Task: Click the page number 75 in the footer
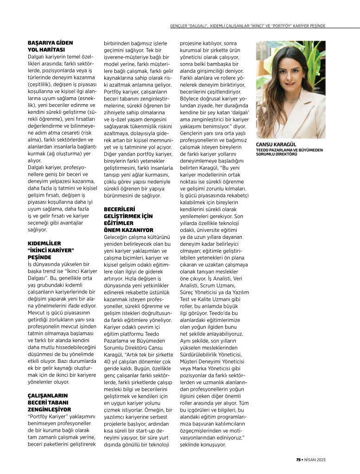click(299, 460)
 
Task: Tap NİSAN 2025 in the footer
click(319, 460)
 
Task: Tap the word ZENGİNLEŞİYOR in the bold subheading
click(50, 409)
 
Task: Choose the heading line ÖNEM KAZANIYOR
click(128, 230)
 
